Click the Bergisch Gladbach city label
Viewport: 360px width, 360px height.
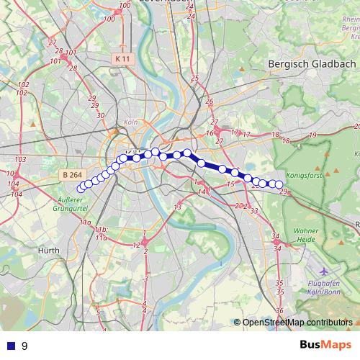pos(311,63)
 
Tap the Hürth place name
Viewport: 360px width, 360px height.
pos(48,250)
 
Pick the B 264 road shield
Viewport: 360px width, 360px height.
pos(72,175)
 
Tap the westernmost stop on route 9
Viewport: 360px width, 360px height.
pos(81,189)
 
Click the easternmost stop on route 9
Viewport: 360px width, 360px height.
pos(279,184)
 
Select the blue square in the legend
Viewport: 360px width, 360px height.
pos(9,346)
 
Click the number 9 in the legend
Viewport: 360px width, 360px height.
pos(24,346)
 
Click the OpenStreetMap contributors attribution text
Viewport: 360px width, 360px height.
pos(297,323)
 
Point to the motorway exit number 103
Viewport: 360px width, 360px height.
pos(20,159)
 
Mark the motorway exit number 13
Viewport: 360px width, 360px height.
pos(176,207)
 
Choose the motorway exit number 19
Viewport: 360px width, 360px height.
pos(312,135)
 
